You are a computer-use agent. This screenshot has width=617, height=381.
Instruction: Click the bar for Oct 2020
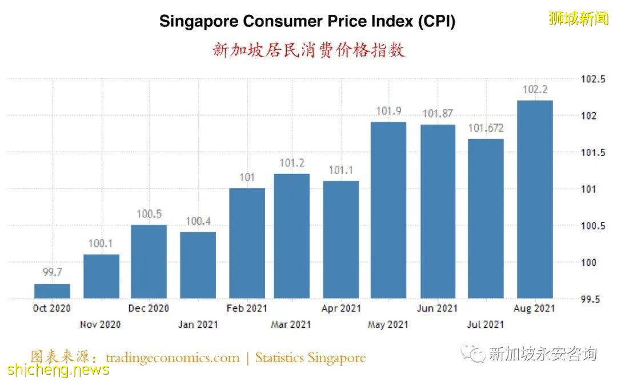(52, 291)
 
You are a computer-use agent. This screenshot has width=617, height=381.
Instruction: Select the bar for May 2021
(388, 210)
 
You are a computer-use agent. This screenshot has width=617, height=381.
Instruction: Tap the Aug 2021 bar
(535, 199)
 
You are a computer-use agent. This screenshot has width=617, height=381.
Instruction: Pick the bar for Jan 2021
(198, 265)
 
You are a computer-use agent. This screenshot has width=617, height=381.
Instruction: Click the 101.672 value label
(486, 128)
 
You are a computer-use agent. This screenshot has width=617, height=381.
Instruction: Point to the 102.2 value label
(535, 90)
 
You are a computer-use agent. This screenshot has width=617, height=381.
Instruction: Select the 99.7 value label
(52, 273)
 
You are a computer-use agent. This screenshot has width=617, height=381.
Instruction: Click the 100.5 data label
(149, 214)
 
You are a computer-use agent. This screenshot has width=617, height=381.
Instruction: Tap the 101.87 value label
(438, 114)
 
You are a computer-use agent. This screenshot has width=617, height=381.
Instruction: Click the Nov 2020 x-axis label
(100, 324)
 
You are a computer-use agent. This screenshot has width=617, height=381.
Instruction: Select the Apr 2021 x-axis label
(341, 308)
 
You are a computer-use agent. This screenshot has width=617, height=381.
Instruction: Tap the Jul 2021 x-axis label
(486, 324)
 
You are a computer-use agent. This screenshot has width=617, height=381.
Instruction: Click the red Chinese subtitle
(308, 50)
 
